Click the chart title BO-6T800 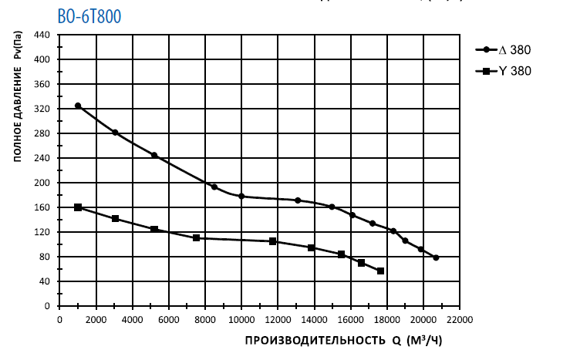click(x=89, y=16)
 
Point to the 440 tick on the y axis click(x=42, y=35)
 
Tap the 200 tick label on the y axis click(x=42, y=183)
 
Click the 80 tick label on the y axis click(x=44, y=257)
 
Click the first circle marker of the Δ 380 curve click(x=78, y=106)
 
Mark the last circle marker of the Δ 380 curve click(x=436, y=257)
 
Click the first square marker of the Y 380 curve click(x=78, y=207)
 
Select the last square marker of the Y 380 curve click(x=380, y=271)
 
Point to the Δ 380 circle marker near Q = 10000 click(x=241, y=197)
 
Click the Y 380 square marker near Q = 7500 click(x=197, y=238)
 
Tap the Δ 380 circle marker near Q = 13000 click(x=298, y=200)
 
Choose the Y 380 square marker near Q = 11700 click(x=273, y=241)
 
